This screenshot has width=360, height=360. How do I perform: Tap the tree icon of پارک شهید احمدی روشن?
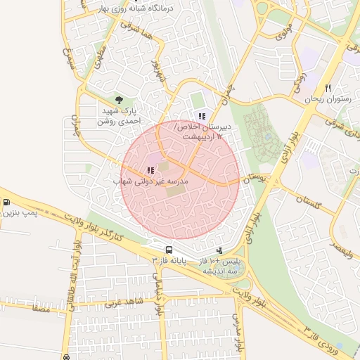click(119, 100)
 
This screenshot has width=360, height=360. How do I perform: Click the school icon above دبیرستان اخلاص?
click(202, 115)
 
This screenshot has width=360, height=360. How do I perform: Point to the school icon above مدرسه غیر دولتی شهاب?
click(150, 169)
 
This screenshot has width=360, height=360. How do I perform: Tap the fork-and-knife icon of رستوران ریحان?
click(328, 88)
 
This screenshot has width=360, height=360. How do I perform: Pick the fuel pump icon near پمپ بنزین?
click(7, 203)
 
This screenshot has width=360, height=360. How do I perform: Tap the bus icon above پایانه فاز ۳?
click(169, 250)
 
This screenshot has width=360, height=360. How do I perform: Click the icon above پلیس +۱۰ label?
click(219, 250)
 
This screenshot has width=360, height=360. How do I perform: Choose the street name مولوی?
click(283, 30)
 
